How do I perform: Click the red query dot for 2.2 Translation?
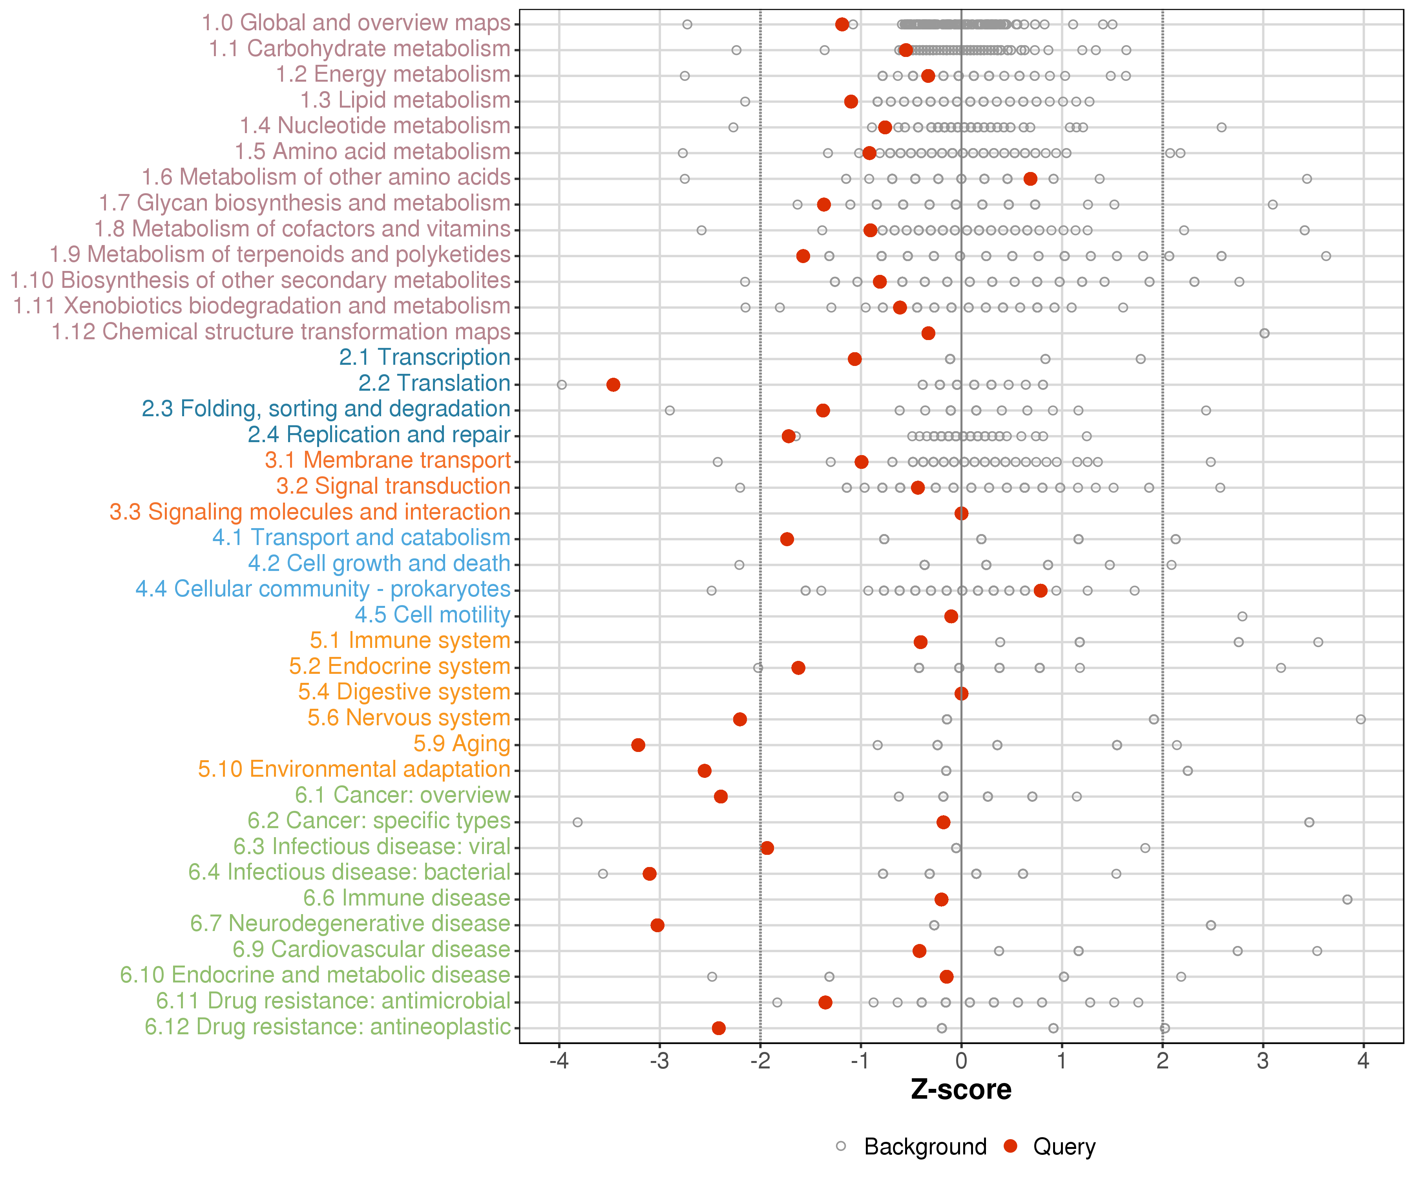click(613, 384)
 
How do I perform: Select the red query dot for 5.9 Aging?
click(638, 744)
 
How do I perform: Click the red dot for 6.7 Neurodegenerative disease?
click(657, 925)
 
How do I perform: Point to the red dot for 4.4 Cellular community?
click(1040, 590)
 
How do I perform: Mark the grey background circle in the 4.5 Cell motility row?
click(1242, 616)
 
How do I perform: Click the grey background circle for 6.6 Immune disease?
click(1347, 899)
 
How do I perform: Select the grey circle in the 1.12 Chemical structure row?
click(1264, 333)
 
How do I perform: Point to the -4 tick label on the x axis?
click(559, 1061)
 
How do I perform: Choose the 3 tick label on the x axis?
click(1263, 1061)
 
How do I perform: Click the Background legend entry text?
click(925, 1146)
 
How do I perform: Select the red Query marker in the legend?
click(1010, 1146)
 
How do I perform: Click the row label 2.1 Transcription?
click(425, 357)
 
